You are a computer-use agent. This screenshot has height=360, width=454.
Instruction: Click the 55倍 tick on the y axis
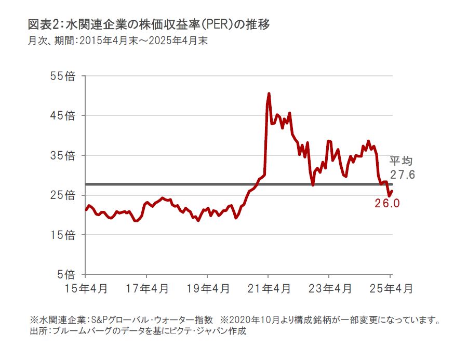point(63,76)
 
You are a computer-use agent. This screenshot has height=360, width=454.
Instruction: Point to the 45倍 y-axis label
point(63,115)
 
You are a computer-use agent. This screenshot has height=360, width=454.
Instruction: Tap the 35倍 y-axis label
point(63,155)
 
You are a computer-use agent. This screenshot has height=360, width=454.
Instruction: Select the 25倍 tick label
point(63,195)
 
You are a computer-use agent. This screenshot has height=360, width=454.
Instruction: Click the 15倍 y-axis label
point(63,235)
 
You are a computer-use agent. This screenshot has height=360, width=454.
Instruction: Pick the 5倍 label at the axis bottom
point(66,274)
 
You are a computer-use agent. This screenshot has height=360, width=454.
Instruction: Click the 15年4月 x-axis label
point(85,289)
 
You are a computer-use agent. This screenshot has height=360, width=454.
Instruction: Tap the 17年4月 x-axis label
point(146,289)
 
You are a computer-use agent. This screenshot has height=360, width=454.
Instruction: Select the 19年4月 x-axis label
point(207,289)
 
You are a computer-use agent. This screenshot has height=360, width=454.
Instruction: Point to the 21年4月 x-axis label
point(269,289)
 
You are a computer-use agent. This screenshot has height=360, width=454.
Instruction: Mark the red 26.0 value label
point(387,204)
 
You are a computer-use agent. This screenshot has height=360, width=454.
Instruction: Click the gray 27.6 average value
point(403,175)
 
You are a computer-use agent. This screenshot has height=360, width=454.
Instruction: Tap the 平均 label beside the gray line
point(400,161)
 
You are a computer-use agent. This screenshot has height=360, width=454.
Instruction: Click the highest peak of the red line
point(269,94)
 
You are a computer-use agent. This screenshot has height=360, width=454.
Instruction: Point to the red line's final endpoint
point(392,191)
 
